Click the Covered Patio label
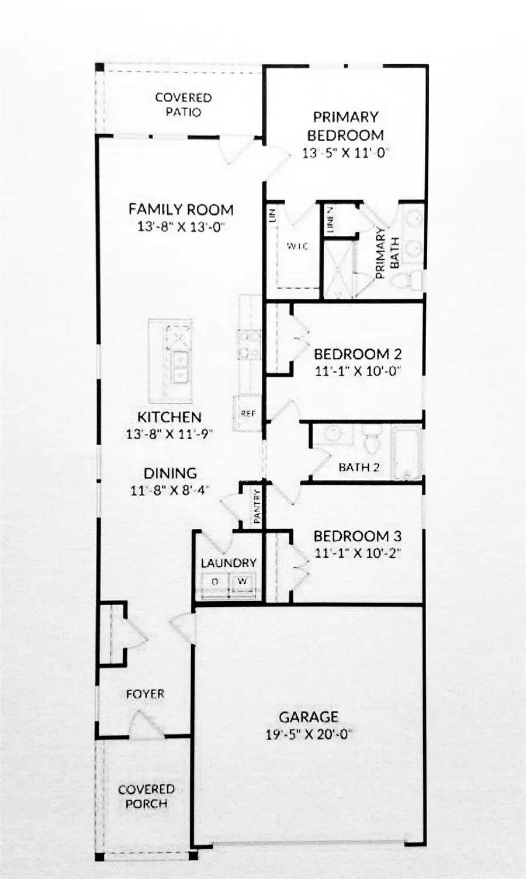(x=183, y=105)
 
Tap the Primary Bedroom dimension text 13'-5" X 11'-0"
(x=345, y=154)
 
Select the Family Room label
(x=181, y=209)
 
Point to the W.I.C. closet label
(x=297, y=246)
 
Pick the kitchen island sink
(x=179, y=367)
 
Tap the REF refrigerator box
(x=248, y=414)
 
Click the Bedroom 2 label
(x=357, y=354)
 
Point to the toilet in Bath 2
(x=371, y=443)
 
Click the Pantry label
(x=257, y=506)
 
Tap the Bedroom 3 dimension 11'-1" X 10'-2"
(x=357, y=552)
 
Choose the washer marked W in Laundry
(x=243, y=582)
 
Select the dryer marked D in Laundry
(x=214, y=582)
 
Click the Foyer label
(x=145, y=694)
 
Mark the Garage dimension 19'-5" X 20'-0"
(x=308, y=734)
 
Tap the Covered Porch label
(x=146, y=796)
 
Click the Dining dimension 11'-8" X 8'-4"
(x=171, y=490)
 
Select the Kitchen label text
(x=169, y=417)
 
